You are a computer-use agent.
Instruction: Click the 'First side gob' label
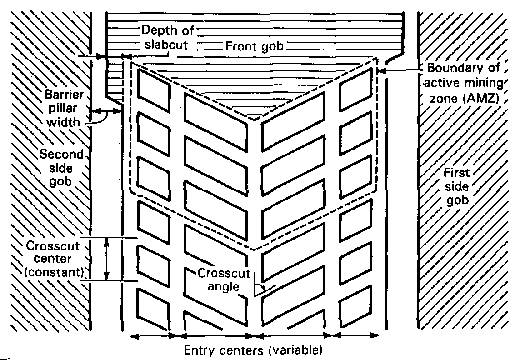click(457, 187)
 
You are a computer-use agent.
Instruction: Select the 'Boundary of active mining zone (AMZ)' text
click(464, 83)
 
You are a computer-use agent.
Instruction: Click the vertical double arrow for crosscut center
click(107, 260)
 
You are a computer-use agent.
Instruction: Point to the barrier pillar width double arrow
click(106, 110)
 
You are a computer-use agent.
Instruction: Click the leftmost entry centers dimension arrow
click(153, 336)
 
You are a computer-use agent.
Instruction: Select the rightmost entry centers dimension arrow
click(354, 336)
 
